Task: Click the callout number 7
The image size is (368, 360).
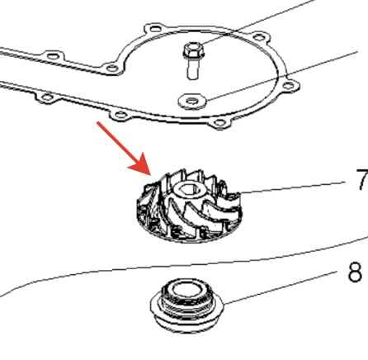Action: click(x=362, y=179)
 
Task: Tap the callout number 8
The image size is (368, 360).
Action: click(x=355, y=272)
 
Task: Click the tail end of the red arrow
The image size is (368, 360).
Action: click(x=98, y=123)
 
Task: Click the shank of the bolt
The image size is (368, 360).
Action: click(x=193, y=69)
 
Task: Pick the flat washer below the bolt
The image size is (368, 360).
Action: click(x=192, y=101)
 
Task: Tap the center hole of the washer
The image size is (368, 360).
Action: click(x=191, y=101)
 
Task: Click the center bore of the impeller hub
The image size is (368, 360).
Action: click(x=188, y=189)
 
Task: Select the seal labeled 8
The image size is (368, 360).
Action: click(x=187, y=305)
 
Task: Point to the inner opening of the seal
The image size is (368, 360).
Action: click(x=186, y=289)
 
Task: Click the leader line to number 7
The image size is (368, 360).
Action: click(x=292, y=187)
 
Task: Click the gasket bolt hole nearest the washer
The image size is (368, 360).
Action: click(x=219, y=122)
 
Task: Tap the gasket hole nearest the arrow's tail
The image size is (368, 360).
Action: click(x=118, y=114)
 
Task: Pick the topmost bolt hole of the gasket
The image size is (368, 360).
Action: click(x=154, y=28)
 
